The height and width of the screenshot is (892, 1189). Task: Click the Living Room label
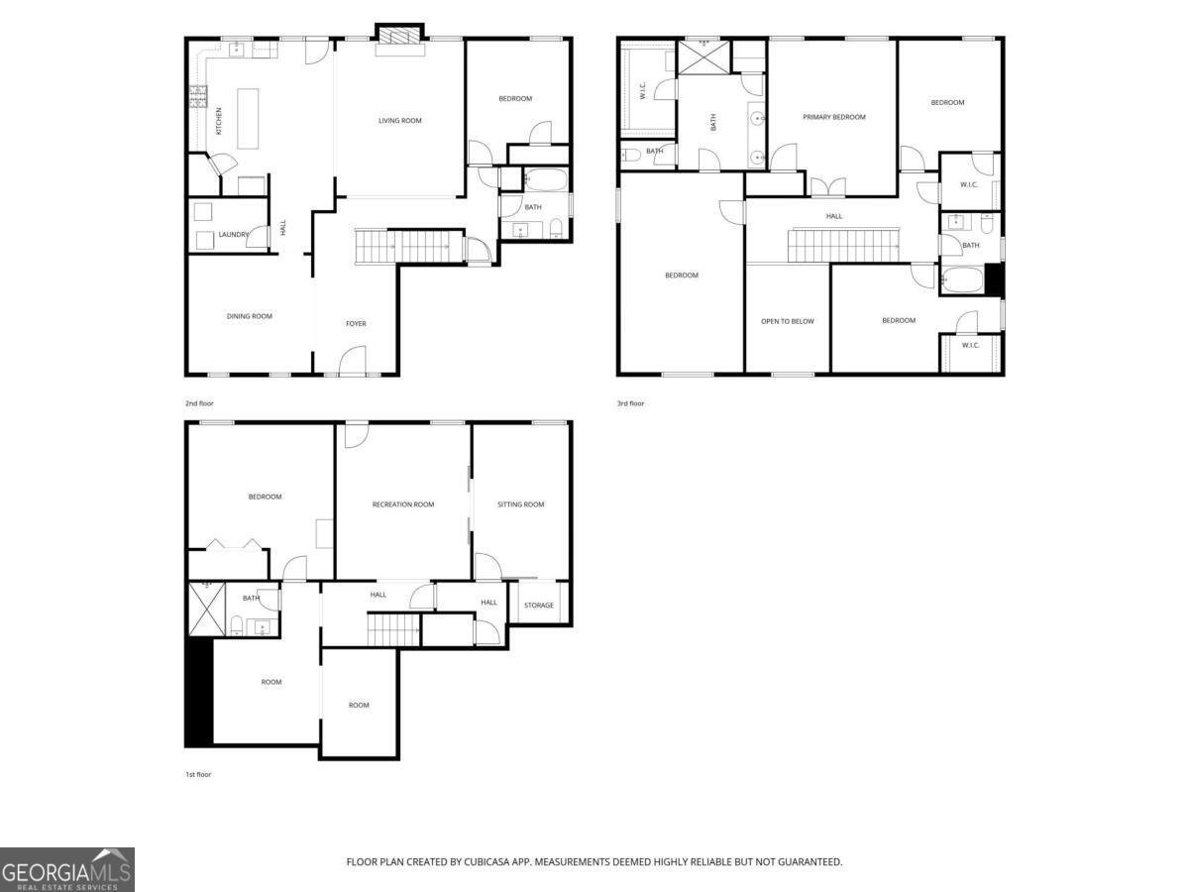point(399,120)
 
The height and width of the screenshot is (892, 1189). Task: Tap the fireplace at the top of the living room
point(399,37)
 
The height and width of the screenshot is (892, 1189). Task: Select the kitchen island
point(248,119)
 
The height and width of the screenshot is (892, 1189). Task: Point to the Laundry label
point(234,235)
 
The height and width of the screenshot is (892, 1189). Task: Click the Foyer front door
point(353,360)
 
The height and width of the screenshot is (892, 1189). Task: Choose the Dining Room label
point(249,316)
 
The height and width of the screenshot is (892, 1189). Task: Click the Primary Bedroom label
point(833,117)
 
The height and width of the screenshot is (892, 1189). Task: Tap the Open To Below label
point(787,321)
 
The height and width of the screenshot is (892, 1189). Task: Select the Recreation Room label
point(403,504)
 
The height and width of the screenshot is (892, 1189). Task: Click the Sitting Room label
point(520,504)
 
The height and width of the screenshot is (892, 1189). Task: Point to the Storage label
point(538,605)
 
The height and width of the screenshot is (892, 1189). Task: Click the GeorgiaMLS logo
point(67,869)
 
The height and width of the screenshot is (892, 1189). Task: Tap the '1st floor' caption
point(198,774)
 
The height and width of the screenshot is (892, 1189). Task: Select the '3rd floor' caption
point(630,403)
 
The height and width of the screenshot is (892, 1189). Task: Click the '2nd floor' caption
point(199,403)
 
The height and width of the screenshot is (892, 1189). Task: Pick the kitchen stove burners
point(198,96)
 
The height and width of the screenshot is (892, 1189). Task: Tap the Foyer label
point(356,324)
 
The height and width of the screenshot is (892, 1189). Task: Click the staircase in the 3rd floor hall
point(843,246)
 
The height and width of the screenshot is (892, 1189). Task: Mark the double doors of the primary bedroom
point(827,187)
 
